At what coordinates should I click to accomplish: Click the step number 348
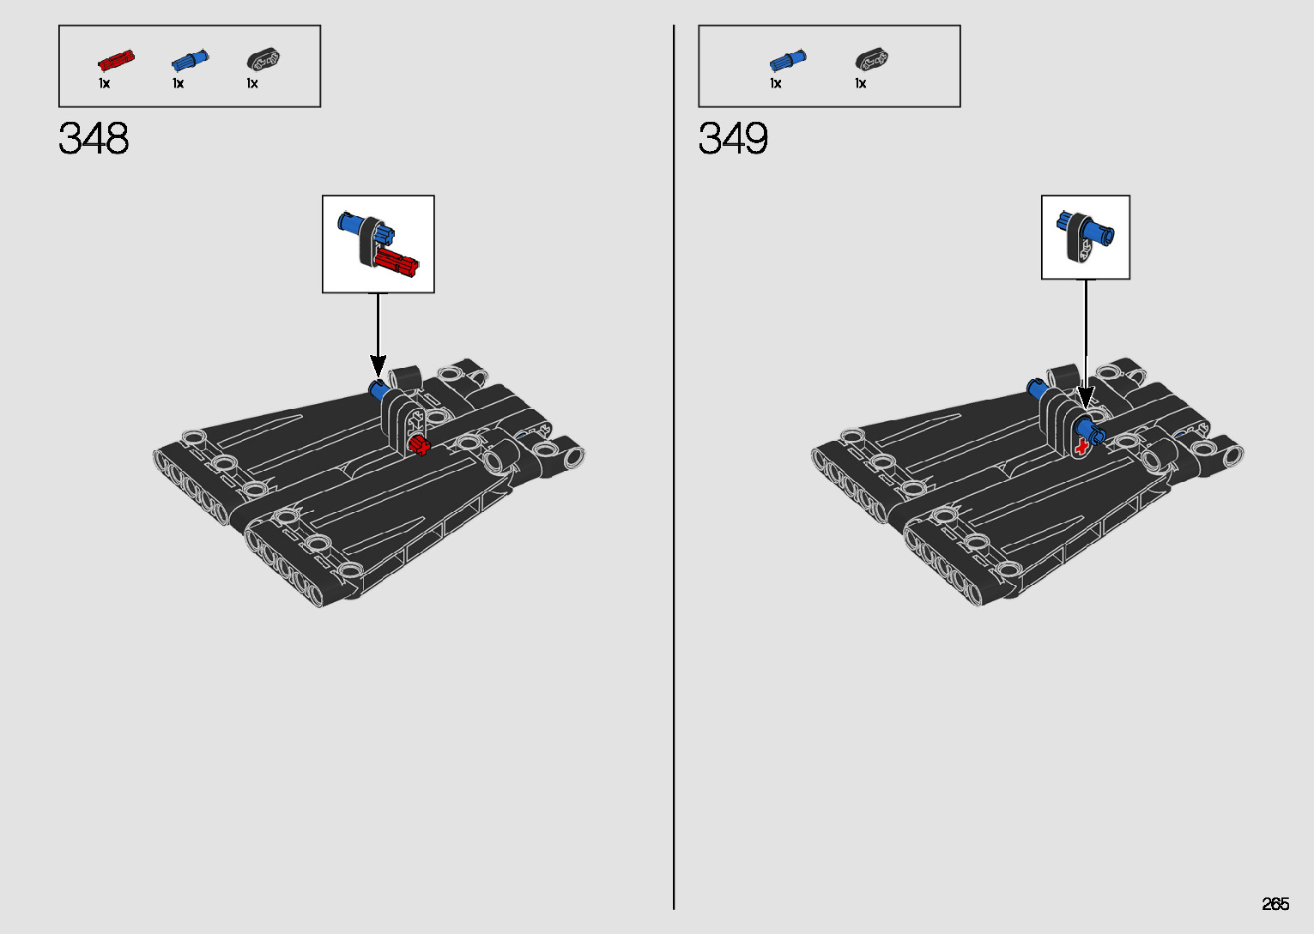coord(94,138)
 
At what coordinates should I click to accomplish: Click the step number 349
coord(733,138)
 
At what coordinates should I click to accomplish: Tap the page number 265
coord(1275,904)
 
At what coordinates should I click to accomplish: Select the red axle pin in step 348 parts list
coord(116,60)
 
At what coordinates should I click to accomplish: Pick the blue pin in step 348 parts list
coord(190,60)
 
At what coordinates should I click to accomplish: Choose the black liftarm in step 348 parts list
coord(263,59)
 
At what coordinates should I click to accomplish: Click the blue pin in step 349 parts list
coord(787,60)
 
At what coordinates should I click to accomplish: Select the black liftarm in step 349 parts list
coord(871,60)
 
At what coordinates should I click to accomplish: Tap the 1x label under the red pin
coord(104,83)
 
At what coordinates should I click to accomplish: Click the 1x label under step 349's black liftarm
coord(860,83)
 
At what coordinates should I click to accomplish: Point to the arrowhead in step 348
coord(378,366)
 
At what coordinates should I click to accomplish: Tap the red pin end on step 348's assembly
coord(419,445)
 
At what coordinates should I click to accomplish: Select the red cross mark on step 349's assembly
coord(1081,446)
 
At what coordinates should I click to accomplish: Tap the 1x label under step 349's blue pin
coord(775,83)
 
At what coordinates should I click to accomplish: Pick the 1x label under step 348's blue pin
coord(178,83)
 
